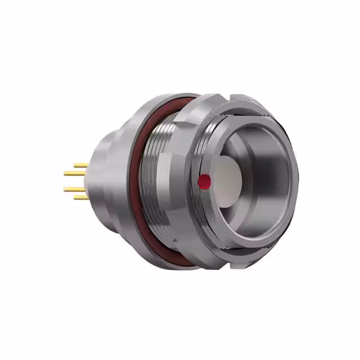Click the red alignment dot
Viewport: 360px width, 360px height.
[205, 181]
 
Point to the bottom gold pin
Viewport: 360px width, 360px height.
[82, 197]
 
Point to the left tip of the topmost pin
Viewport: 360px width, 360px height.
[75, 165]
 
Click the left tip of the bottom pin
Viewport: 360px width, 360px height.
[75, 197]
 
